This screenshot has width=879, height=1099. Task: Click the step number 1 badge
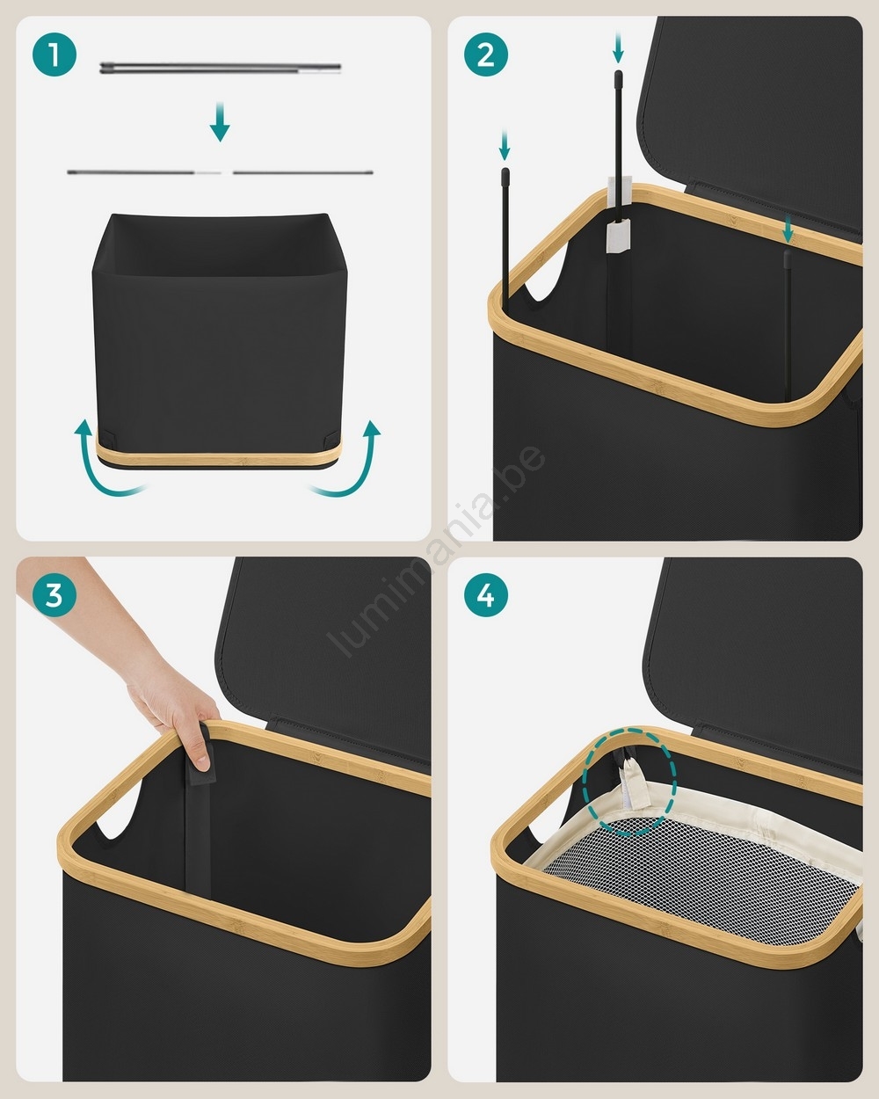(x=54, y=55)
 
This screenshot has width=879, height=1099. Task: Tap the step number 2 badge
(x=486, y=55)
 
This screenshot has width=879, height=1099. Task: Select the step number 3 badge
(x=54, y=595)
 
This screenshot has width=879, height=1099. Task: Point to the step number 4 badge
(x=486, y=595)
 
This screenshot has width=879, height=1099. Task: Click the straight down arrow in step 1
(x=220, y=121)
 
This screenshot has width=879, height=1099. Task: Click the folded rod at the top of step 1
(x=220, y=68)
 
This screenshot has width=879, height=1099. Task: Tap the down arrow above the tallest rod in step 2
(x=618, y=47)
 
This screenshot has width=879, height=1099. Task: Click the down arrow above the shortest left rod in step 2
(x=505, y=145)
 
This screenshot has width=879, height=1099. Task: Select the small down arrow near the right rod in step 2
(x=788, y=229)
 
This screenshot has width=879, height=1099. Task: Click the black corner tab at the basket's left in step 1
(x=106, y=437)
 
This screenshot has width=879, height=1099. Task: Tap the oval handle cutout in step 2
(x=549, y=269)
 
